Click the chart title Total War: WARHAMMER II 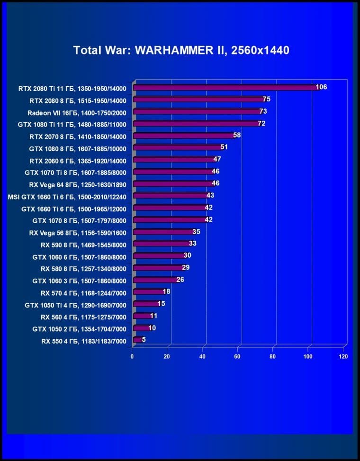pyautogui.click(x=181, y=50)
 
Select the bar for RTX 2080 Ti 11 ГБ pyautogui.click(x=225, y=88)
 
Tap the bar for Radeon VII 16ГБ pyautogui.click(x=197, y=112)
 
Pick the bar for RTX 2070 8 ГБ pyautogui.click(x=184, y=136)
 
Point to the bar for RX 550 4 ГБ pyautogui.click(x=137, y=340)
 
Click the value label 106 pyautogui.click(x=321, y=87)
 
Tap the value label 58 pyautogui.click(x=237, y=136)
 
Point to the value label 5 pyautogui.click(x=144, y=339)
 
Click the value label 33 pyautogui.click(x=192, y=244)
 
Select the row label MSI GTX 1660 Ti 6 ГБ pyautogui.click(x=67, y=196)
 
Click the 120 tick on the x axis pyautogui.click(x=344, y=356)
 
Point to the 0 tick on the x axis pyautogui.click(x=133, y=356)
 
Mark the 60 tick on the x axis pyautogui.click(x=238, y=356)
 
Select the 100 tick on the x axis pyautogui.click(x=308, y=356)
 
